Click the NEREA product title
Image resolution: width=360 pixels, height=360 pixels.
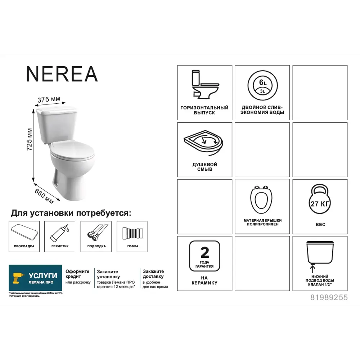pos(62,74)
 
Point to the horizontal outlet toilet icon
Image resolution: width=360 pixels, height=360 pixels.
pos(204,85)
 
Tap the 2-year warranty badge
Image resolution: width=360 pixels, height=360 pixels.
pos(204,256)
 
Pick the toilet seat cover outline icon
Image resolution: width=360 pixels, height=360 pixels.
pos(262,200)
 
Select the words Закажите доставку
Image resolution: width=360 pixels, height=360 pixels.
pos(153,274)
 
